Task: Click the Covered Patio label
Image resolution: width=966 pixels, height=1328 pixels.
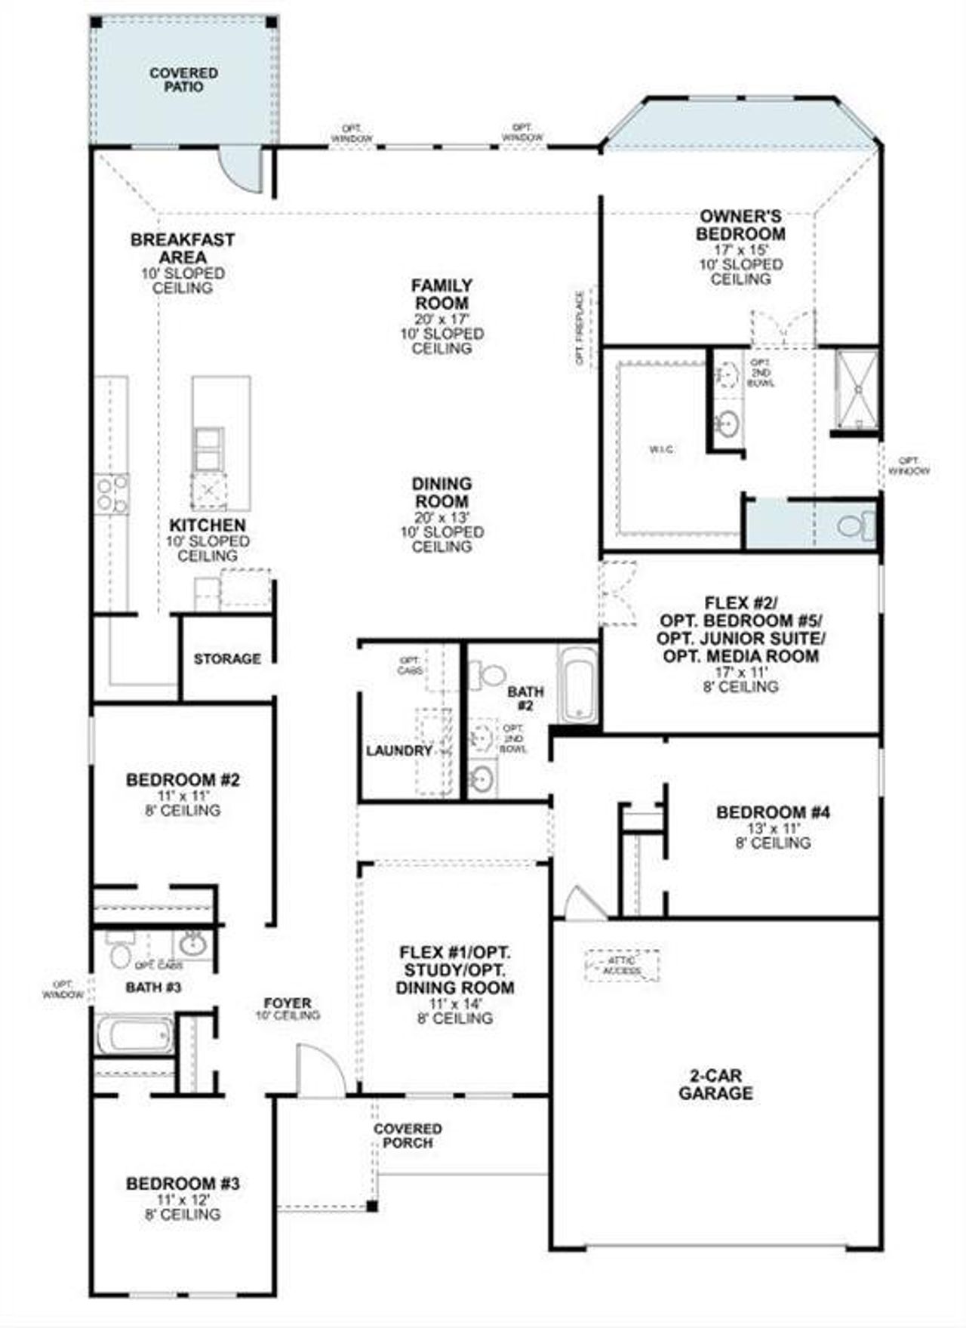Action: (x=183, y=79)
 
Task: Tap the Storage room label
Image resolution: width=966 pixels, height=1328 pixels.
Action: (x=227, y=659)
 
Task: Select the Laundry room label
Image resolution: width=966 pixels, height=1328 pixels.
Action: (x=398, y=750)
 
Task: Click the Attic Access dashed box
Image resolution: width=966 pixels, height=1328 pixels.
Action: (x=622, y=966)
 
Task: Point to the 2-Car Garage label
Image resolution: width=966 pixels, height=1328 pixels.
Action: (x=715, y=1084)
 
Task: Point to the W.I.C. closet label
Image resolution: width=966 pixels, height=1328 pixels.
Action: (x=662, y=450)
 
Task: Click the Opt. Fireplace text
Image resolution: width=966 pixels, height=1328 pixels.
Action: (x=580, y=328)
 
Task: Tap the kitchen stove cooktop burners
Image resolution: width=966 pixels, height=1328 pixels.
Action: (x=111, y=495)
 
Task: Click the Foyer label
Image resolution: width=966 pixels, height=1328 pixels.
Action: (x=288, y=1003)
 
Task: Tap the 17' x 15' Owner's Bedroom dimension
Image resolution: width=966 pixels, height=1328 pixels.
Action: (x=740, y=250)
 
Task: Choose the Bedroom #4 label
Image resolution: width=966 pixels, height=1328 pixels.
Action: (x=773, y=812)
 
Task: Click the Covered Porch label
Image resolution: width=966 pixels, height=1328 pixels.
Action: (x=408, y=1135)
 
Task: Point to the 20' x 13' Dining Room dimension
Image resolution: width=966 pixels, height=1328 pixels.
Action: (x=442, y=518)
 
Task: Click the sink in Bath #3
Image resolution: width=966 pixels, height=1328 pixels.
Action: (x=193, y=944)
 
